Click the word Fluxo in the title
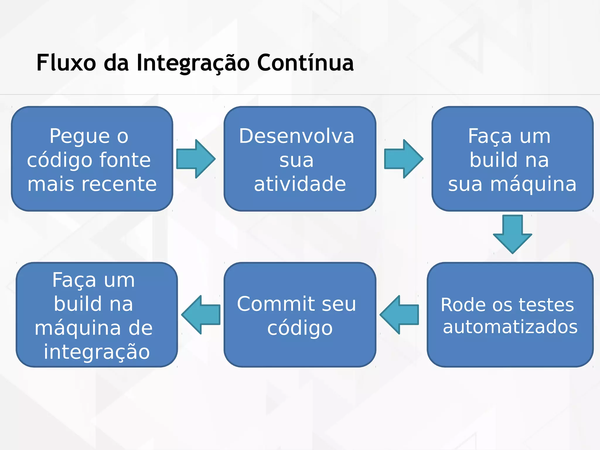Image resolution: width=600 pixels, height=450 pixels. pyautogui.click(x=66, y=63)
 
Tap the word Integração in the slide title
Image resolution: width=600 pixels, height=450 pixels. pyautogui.click(x=193, y=63)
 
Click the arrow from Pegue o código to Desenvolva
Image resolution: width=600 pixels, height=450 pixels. pyautogui.click(x=196, y=159)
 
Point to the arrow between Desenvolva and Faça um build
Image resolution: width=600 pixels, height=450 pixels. pyautogui.click(x=403, y=159)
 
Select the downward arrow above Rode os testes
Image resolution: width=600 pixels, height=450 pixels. pyautogui.click(x=512, y=234)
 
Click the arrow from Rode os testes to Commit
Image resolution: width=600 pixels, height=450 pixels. pyautogui.click(x=399, y=315)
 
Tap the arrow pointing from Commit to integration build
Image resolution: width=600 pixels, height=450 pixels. pyautogui.click(x=201, y=315)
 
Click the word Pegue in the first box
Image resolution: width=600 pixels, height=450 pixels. pyautogui.click(x=80, y=137)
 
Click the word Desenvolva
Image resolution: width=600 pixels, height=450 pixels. pyautogui.click(x=296, y=136)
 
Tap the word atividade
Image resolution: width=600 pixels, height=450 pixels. pyautogui.click(x=300, y=184)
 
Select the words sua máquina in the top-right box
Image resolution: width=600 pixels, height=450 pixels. pyautogui.click(x=512, y=184)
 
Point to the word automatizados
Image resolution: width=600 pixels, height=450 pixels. pyautogui.click(x=510, y=327)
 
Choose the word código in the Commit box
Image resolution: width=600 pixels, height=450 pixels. pyautogui.click(x=300, y=328)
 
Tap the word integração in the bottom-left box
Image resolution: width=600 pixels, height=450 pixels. pyautogui.click(x=97, y=352)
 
